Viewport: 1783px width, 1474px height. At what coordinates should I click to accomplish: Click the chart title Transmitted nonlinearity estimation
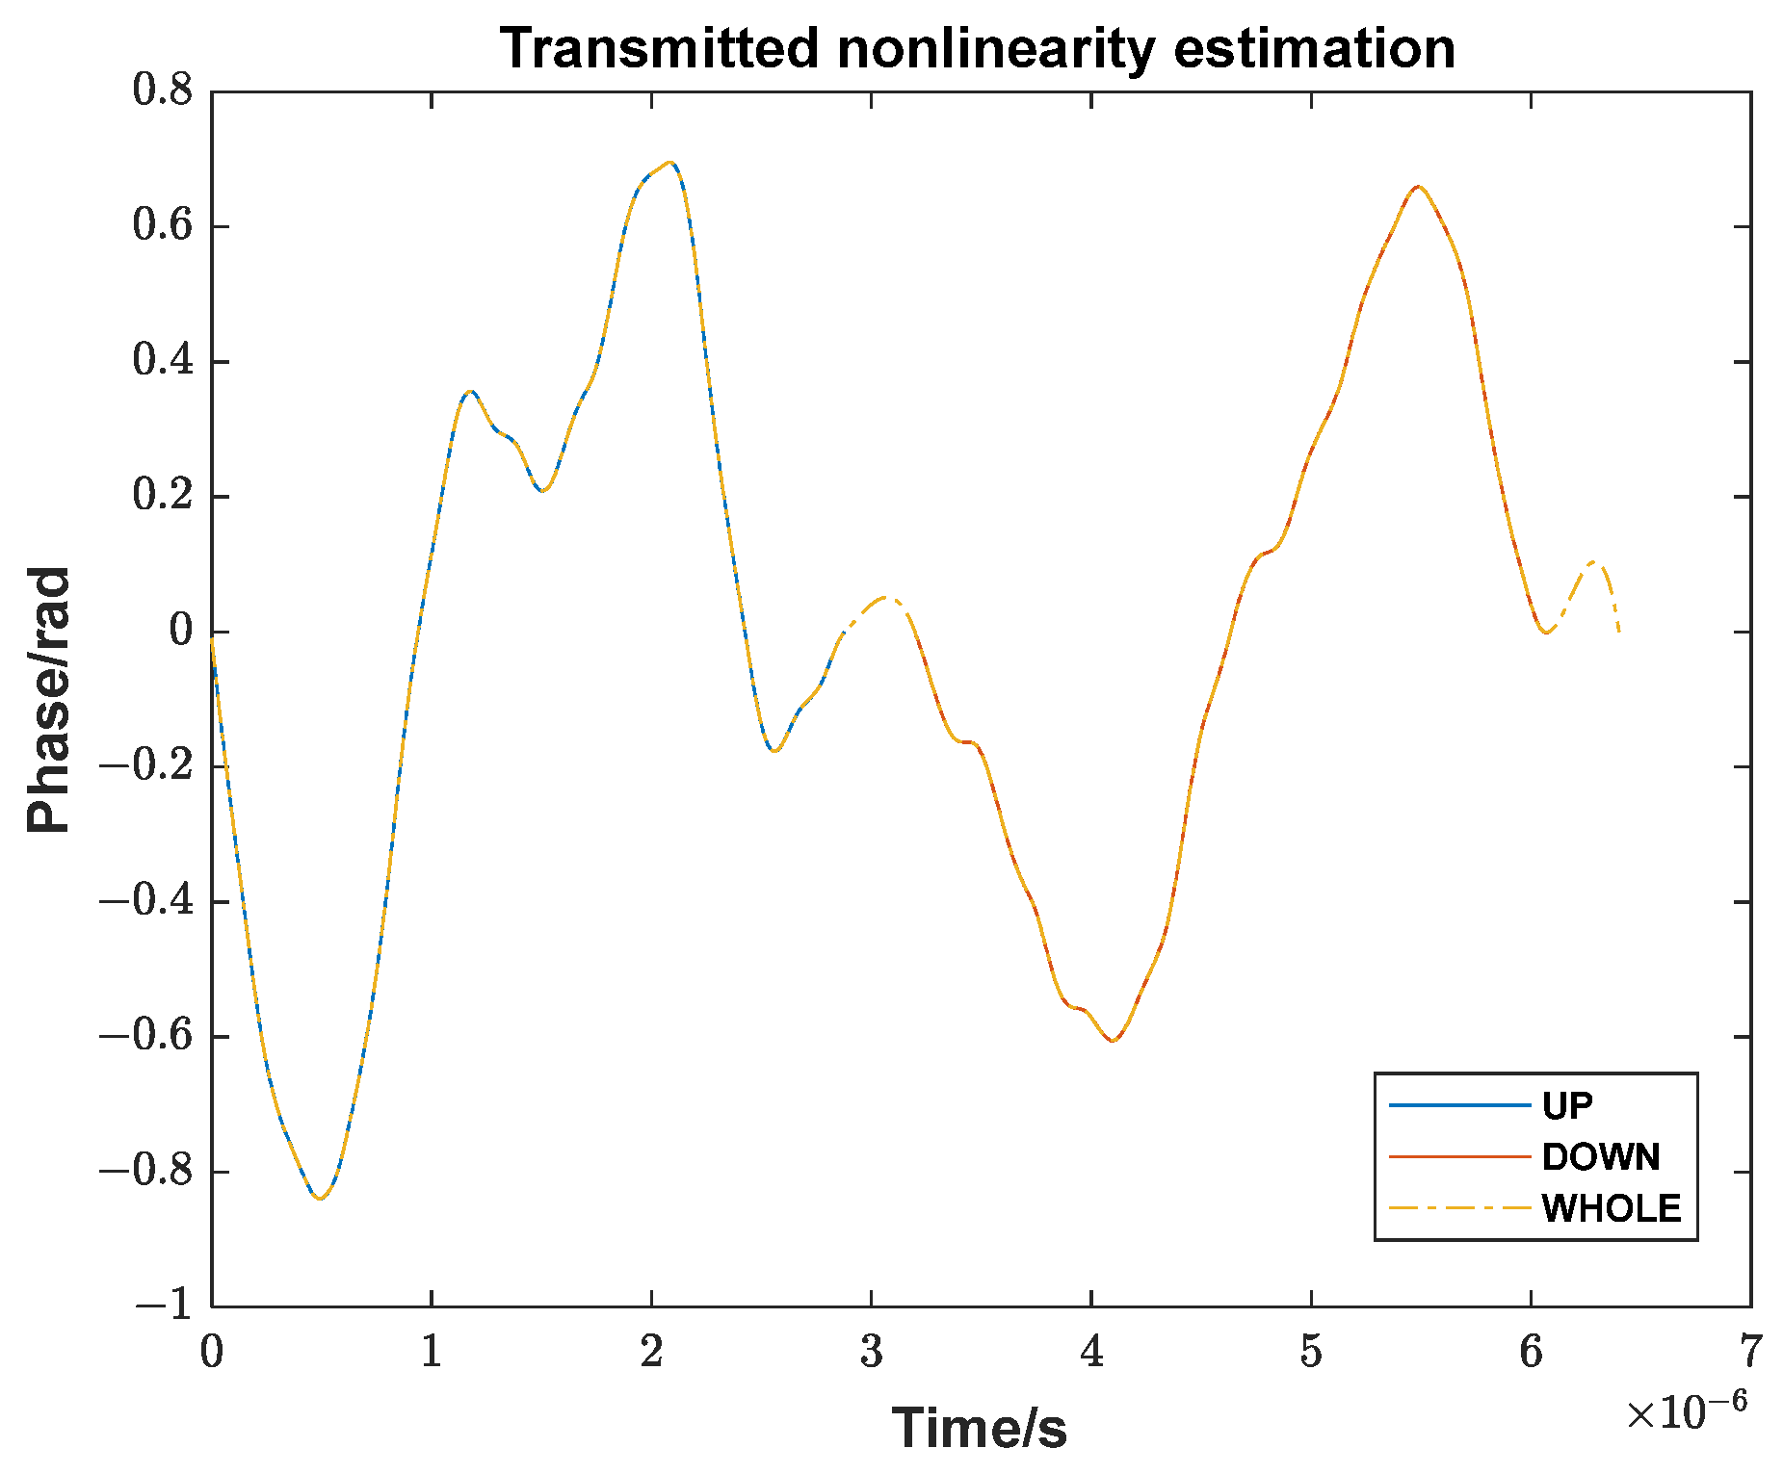pyautogui.click(x=977, y=48)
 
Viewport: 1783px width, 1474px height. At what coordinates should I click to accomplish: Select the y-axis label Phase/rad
pyautogui.click(x=48, y=700)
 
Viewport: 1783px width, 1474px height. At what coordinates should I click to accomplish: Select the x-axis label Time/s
pyautogui.click(x=979, y=1427)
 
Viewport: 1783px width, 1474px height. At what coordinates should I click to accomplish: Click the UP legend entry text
pyautogui.click(x=1567, y=1106)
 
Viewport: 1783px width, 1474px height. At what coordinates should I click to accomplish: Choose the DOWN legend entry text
pyautogui.click(x=1600, y=1157)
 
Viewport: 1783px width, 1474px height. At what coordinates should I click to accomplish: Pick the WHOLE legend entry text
pyautogui.click(x=1611, y=1208)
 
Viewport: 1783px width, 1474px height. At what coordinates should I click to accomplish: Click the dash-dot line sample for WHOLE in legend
pyautogui.click(x=1458, y=1207)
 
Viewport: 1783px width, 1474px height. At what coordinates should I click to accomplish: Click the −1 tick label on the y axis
pyautogui.click(x=164, y=1306)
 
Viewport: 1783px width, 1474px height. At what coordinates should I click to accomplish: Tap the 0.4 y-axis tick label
pyautogui.click(x=162, y=361)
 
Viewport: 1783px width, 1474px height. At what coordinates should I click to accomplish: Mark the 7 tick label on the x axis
pyautogui.click(x=1750, y=1352)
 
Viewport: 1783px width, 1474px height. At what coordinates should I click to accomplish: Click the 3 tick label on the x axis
pyautogui.click(x=871, y=1352)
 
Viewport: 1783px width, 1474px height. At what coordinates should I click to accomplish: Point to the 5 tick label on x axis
pyautogui.click(x=1311, y=1352)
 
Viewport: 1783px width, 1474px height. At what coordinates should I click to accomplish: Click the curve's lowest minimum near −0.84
pyautogui.click(x=320, y=1198)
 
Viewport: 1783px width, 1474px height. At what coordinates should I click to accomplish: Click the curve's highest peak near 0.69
pyautogui.click(x=670, y=163)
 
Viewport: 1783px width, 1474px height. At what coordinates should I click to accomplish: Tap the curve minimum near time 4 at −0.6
pyautogui.click(x=1113, y=1041)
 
